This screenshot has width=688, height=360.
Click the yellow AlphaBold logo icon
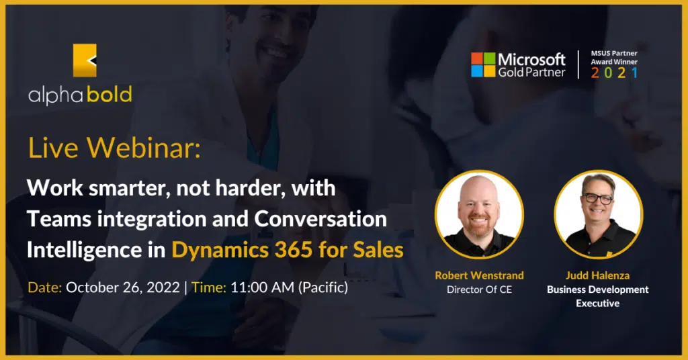pos(85,60)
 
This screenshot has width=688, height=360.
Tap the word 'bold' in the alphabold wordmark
pos(110,95)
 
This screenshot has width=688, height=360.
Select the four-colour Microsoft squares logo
pos(483,65)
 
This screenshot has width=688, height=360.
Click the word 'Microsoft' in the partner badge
pos(532,59)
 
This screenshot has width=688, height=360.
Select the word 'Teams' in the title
pos(59,219)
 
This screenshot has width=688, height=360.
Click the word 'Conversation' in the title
pos(320,219)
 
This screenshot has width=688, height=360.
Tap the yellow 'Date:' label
pos(45,287)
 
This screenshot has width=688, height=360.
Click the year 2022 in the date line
pos(163,287)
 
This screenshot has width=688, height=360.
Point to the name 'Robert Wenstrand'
pos(479,275)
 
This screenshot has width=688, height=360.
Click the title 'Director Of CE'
pos(479,289)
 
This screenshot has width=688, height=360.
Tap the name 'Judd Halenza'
pos(597,275)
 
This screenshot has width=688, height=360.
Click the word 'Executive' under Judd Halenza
pos(597,303)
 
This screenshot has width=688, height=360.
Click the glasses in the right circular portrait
pos(597,199)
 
